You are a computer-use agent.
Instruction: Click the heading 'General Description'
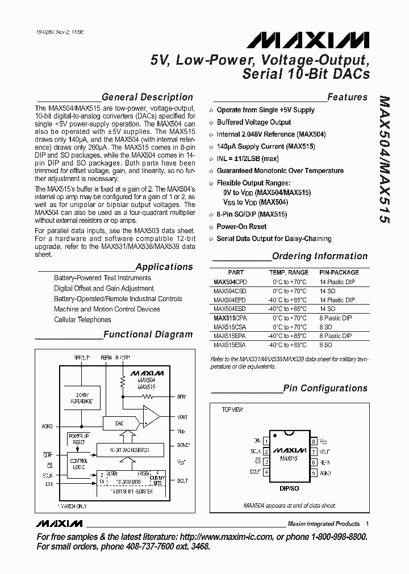[x=147, y=97]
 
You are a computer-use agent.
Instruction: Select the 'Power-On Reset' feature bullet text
[x=241, y=227]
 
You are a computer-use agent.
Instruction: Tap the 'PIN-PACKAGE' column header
[x=339, y=272]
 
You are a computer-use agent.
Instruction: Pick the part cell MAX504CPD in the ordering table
[x=231, y=281]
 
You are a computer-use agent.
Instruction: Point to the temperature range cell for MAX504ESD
[x=289, y=309]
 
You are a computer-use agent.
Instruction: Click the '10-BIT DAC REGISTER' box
[x=130, y=449]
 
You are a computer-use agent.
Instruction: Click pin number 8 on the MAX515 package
[x=313, y=441]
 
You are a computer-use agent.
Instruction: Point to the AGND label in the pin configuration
[x=325, y=472]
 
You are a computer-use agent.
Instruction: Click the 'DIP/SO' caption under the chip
[x=290, y=488]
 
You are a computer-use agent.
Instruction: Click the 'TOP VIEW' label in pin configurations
[x=232, y=409]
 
